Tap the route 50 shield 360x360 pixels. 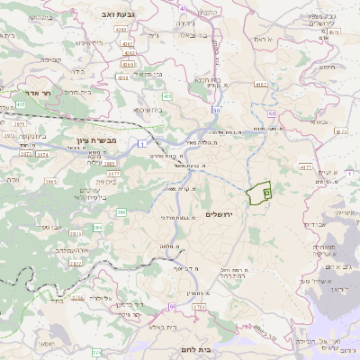(x=216, y=110)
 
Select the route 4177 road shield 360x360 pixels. (x=304, y=166)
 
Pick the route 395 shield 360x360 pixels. (x=121, y=212)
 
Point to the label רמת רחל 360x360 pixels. (x=236, y=274)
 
